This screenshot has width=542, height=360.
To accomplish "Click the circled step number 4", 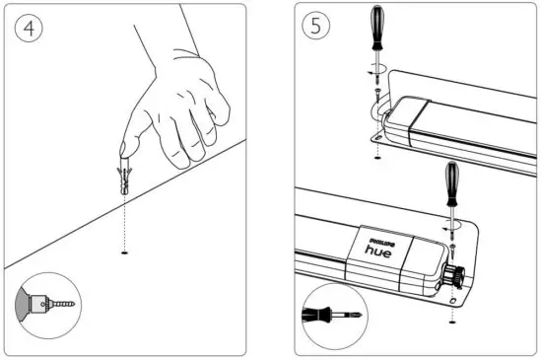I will (32, 29).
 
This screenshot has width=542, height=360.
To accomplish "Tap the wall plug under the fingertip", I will (123, 177).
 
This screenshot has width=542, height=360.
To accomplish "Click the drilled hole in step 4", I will (124, 253).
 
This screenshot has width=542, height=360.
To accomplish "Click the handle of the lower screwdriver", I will (452, 183).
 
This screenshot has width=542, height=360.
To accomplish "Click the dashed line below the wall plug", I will (124, 222).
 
